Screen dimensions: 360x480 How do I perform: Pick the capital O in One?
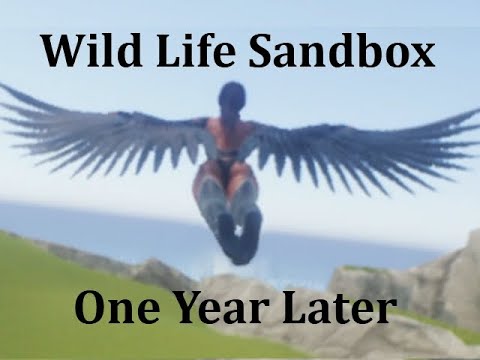(x=90, y=309)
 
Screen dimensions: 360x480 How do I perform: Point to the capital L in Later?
(x=297, y=309)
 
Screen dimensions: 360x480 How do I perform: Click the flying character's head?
(x=232, y=98)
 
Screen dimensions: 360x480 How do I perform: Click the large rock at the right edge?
(x=450, y=280)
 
